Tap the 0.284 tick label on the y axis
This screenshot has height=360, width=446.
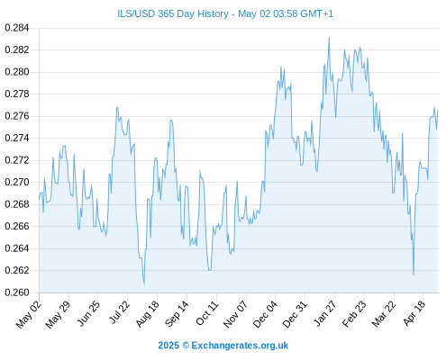click(17, 28)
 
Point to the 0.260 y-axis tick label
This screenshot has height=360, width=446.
click(17, 292)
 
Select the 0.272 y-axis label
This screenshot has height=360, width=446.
click(17, 160)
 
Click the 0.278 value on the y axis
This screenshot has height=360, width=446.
click(17, 94)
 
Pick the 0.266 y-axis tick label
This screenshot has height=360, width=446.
click(17, 226)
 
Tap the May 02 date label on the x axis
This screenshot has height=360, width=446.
click(29, 314)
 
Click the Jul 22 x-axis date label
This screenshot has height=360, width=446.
click(119, 312)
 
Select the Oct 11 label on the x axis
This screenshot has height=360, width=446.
click(206, 313)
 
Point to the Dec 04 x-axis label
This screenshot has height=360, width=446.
click(265, 314)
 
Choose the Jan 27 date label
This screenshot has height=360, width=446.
click(324, 313)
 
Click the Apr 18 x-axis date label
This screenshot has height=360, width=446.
click(414, 313)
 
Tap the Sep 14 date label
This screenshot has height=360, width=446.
click(177, 313)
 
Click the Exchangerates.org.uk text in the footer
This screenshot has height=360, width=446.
click(240, 346)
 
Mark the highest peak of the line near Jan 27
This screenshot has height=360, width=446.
click(329, 38)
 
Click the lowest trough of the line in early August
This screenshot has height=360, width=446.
click(144, 284)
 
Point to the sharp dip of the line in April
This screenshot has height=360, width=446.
click(414, 274)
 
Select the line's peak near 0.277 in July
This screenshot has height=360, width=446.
click(117, 107)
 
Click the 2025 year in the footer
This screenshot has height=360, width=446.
click(168, 346)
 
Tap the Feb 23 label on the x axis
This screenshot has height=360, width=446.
click(354, 313)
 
